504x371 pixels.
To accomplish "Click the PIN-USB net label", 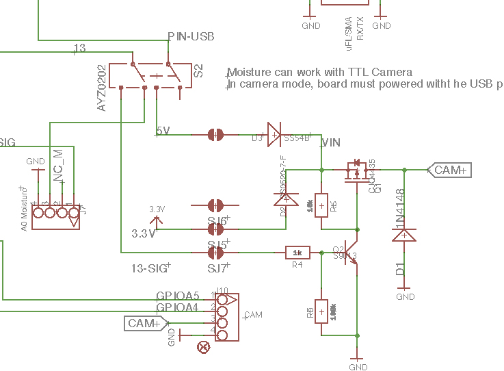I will (191, 36).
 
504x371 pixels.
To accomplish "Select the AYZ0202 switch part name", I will (102, 88).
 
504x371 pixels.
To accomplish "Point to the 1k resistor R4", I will (297, 253).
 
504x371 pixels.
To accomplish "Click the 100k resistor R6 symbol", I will (321, 311).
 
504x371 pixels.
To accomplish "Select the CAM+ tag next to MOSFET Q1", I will (450, 170).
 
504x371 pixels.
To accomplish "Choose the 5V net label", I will (163, 131).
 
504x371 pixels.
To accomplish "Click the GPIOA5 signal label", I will (177, 296).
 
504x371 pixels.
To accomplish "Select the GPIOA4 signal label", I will (177, 307).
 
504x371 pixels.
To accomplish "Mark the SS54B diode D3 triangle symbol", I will (274, 135).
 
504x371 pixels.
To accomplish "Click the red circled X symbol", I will (203, 346).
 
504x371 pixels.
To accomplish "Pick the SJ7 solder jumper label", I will (218, 267).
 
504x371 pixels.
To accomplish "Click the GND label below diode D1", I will (406, 297).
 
